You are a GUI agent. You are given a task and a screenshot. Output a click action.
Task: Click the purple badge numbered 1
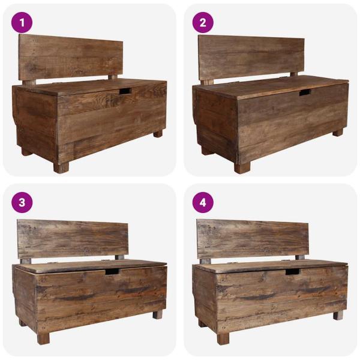tap(22, 22)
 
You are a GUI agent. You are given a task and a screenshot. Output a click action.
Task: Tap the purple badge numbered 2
tap(203, 22)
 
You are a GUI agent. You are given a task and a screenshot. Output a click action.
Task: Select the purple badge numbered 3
tap(22, 202)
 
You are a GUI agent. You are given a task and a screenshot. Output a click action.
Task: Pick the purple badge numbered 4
tap(203, 202)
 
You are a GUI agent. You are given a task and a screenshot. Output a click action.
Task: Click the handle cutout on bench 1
tap(125, 91)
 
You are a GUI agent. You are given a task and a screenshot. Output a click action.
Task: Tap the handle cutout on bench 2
tap(305, 92)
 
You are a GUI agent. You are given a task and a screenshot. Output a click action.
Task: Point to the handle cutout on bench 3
tap(112, 272)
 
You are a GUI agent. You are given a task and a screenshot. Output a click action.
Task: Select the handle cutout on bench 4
tap(292, 272)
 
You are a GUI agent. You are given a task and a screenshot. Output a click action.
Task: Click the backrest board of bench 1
tap(71, 57)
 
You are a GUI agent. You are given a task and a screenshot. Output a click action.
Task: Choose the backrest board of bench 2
tap(251, 57)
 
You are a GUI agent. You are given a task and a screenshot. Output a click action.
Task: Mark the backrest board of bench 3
tap(72, 239)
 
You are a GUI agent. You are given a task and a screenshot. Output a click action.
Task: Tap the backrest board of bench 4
tap(253, 239)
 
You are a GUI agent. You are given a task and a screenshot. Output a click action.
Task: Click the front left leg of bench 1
tap(61, 167)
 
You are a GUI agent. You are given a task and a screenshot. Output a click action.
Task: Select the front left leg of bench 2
tap(241, 168)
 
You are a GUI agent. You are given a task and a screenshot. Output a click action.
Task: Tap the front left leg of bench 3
tap(43, 338)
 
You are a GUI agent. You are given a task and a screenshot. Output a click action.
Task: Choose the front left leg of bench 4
tap(223, 338)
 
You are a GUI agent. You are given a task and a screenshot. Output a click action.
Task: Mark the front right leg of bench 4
tap(338, 314)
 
